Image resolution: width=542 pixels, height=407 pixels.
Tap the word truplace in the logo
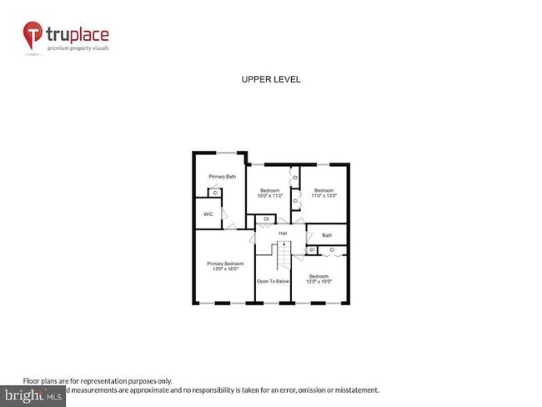pos(78,35)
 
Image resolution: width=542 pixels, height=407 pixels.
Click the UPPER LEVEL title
pos(270,80)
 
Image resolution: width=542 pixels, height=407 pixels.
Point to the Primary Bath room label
pos(223,177)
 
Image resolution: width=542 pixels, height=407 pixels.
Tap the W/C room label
pos(208,214)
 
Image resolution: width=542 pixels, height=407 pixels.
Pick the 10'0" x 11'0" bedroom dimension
pos(270,197)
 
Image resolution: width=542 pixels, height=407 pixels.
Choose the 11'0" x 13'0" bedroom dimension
pos(324,197)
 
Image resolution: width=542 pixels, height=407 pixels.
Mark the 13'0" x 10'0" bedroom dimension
pos(319,281)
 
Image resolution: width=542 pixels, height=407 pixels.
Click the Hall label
pos(283,234)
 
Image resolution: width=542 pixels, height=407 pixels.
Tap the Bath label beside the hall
pos(327,235)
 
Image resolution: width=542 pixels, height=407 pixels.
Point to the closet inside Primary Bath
pos(215,193)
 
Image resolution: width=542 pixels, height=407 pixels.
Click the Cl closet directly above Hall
pos(265,220)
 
